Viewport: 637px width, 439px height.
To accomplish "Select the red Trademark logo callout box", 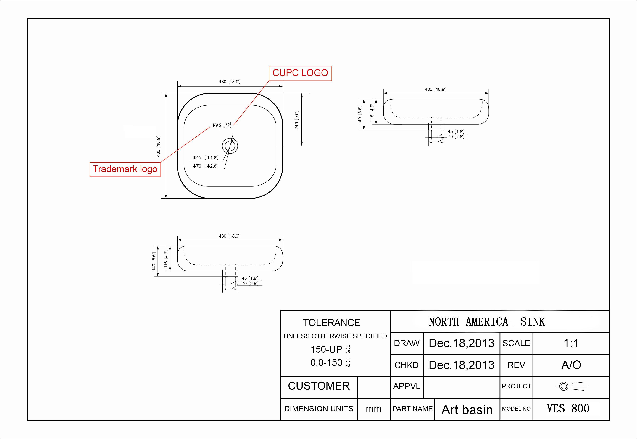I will click(x=125, y=169).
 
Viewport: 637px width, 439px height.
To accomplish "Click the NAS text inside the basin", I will click(x=217, y=125).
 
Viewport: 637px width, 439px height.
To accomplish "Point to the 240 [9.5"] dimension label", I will click(x=296, y=120).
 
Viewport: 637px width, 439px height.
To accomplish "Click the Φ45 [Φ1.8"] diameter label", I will click(x=205, y=158).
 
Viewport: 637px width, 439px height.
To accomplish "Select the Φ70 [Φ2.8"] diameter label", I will click(x=205, y=166).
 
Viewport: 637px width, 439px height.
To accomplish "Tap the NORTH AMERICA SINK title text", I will click(x=486, y=322).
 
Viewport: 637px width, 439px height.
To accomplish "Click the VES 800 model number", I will click(x=568, y=409).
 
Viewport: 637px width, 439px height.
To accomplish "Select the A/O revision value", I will click(x=571, y=365).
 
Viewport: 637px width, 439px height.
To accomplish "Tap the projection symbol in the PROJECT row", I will click(x=571, y=386).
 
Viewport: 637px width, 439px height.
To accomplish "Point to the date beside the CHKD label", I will click(x=461, y=365).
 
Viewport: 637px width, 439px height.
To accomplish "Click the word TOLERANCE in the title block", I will click(x=331, y=323).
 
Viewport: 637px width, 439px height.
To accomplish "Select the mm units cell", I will click(x=374, y=409).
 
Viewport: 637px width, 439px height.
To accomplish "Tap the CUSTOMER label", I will click(x=319, y=386).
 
